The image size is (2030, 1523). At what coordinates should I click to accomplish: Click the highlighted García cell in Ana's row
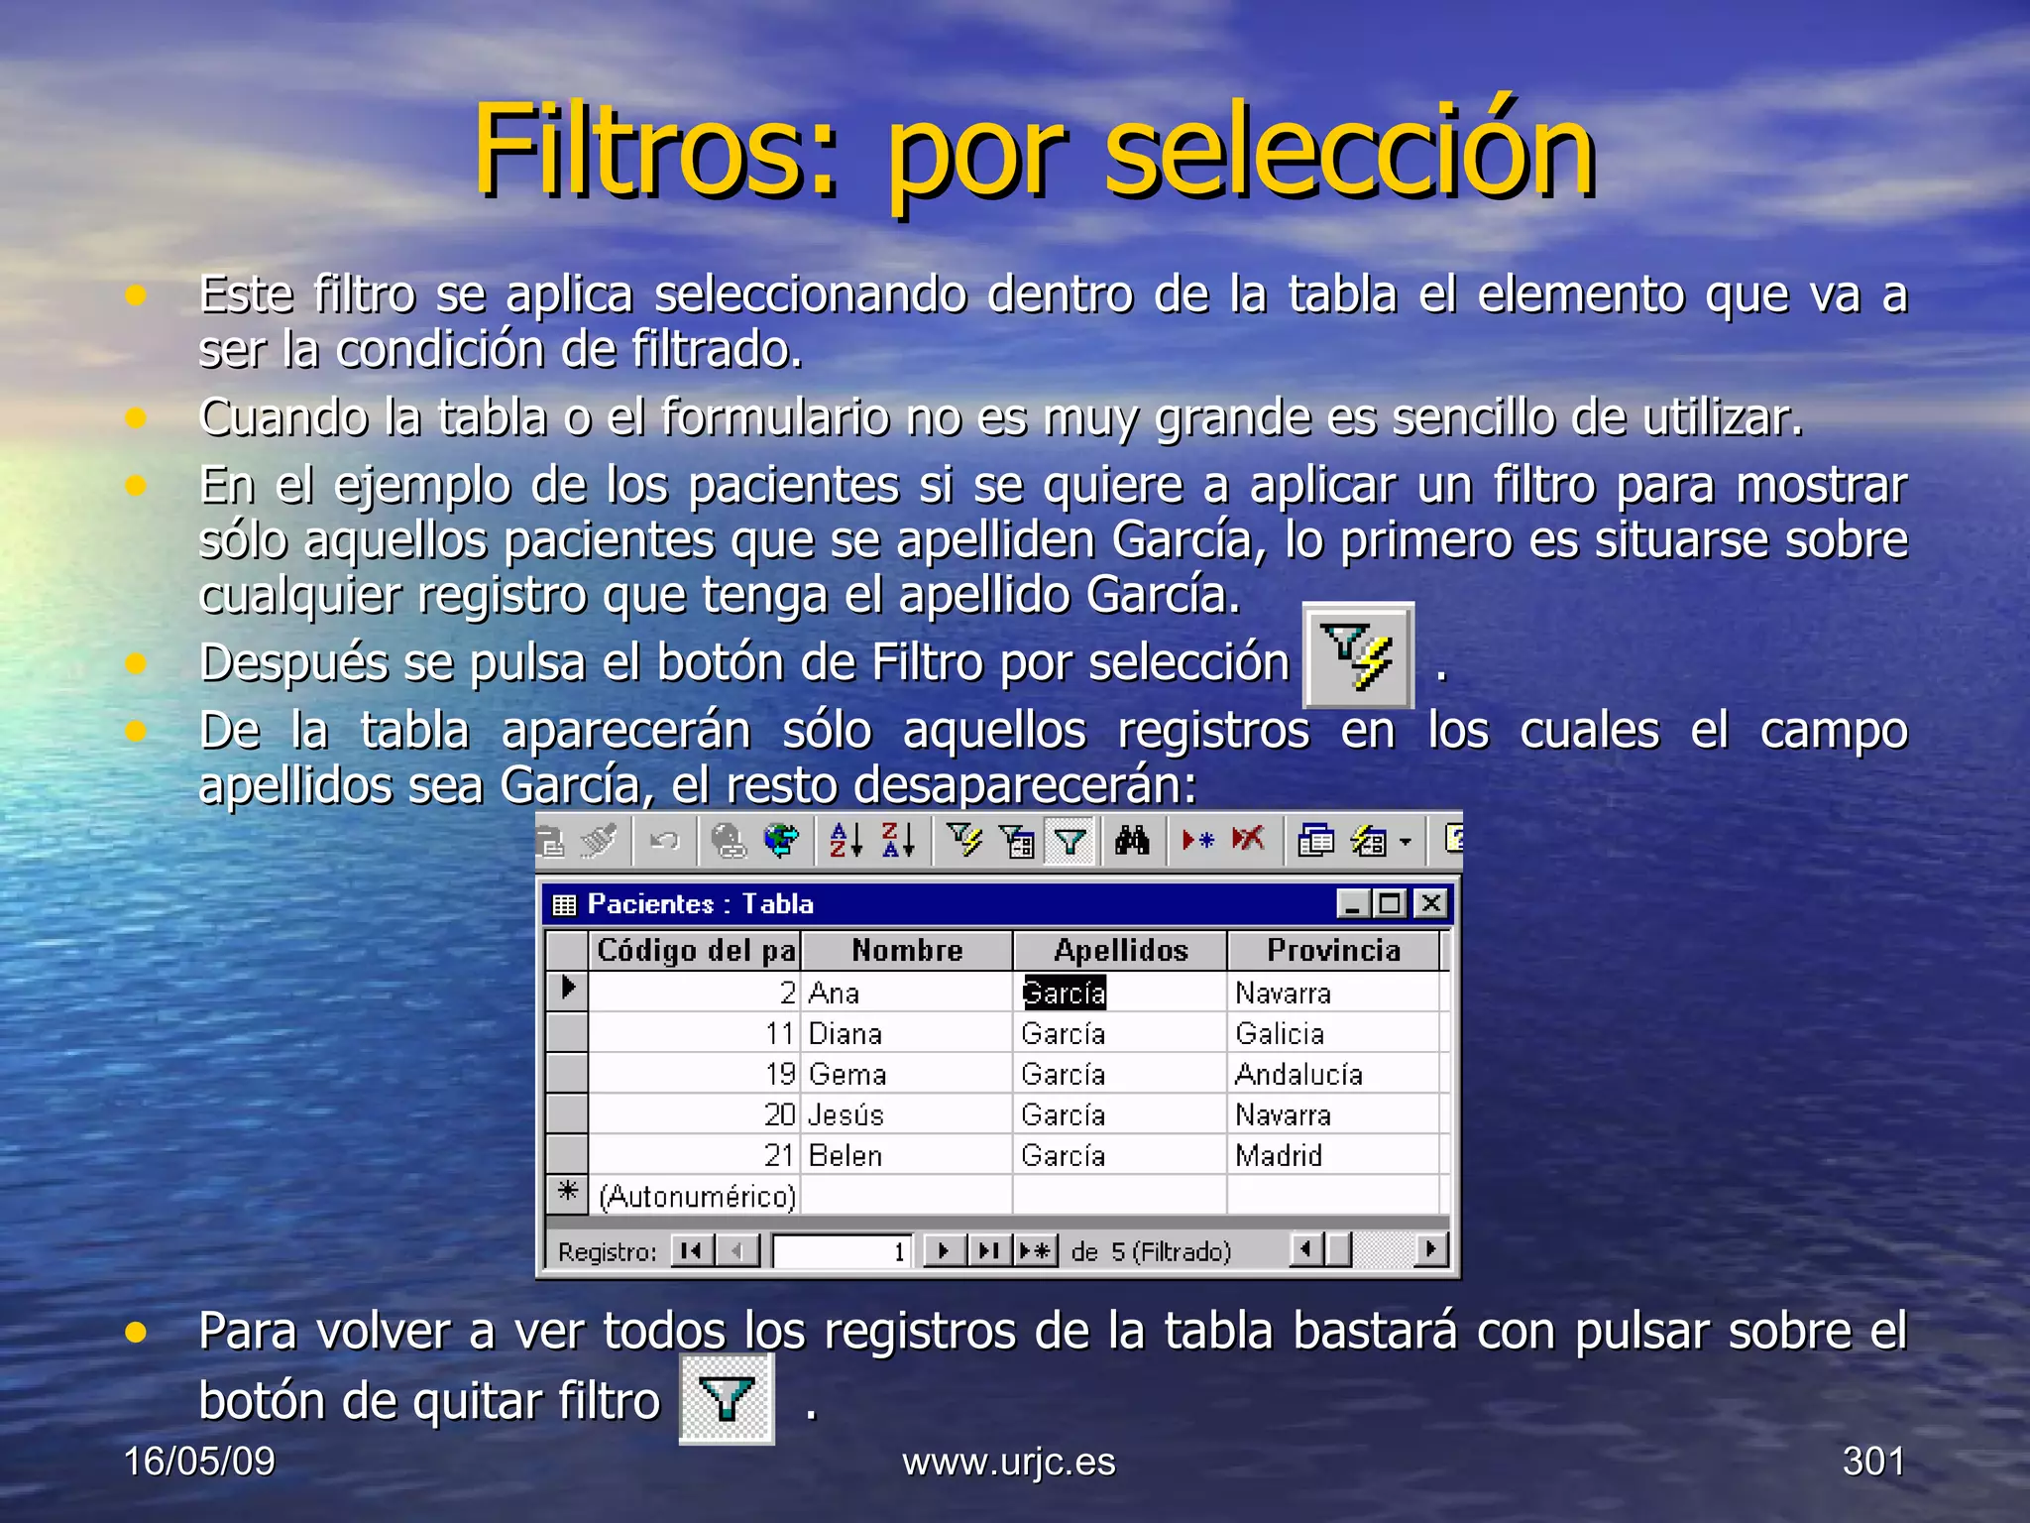point(1064,993)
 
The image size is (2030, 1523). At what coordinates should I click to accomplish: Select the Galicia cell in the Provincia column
point(1279,1033)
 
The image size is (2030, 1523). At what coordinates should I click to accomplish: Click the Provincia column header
point(1333,950)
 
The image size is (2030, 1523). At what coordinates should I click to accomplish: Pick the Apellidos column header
point(1120,950)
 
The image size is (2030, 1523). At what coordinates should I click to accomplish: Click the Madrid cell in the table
point(1278,1155)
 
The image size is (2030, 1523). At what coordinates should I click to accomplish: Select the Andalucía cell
point(1298,1074)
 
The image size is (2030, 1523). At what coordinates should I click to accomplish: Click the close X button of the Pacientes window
point(1430,903)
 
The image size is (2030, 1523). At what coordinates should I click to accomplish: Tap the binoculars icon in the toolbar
point(1131,841)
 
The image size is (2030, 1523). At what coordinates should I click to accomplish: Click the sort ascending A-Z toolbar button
point(846,841)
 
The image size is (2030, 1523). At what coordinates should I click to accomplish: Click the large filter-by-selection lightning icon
point(1358,655)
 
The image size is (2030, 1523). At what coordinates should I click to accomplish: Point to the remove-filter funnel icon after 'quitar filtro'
point(727,1399)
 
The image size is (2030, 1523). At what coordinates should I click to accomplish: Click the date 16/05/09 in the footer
point(199,1461)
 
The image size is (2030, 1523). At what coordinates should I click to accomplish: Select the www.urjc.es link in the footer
point(1008,1462)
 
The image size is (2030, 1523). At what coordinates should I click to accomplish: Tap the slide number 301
point(1872,1461)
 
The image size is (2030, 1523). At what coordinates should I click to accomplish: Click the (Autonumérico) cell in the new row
point(696,1196)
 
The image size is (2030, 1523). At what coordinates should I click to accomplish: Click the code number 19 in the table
point(780,1074)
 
